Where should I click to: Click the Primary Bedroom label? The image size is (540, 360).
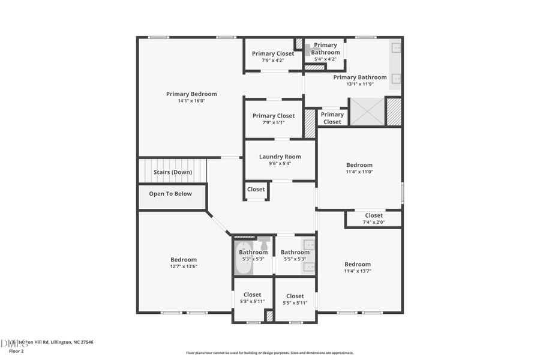coord(191,94)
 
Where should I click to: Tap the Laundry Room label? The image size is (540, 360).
coord(280,157)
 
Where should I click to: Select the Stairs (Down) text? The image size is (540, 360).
coord(173,172)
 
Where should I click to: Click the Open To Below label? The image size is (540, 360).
coord(170,194)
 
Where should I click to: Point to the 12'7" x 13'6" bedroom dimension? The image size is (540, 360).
coord(183,266)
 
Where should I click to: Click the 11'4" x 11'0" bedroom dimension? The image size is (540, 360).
coord(359,172)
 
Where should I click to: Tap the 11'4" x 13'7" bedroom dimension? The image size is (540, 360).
coord(358,271)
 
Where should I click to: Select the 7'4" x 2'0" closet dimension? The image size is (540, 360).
coord(373,222)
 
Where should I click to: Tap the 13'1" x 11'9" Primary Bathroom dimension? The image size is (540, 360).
coord(360,84)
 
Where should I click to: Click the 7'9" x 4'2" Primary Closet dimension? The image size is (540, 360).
coord(273,60)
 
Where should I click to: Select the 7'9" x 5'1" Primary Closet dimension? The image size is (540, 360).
coord(273,122)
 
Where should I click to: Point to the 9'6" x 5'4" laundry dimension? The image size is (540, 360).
coord(280,163)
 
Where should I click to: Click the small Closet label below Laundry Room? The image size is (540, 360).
coord(256,190)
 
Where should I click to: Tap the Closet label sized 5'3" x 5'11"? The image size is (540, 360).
coord(252,295)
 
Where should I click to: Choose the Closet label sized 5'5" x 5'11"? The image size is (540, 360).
coord(295,296)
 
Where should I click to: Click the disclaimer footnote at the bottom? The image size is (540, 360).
coord(270,353)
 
